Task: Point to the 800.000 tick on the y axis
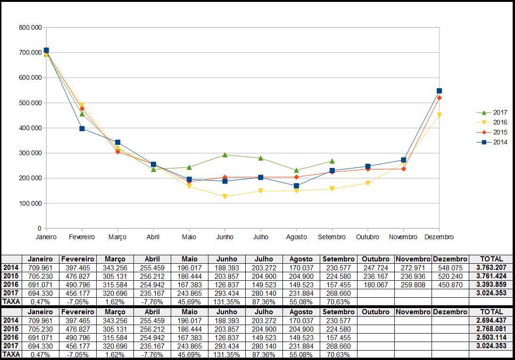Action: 30,27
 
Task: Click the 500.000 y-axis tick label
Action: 30,103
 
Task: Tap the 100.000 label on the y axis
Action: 30,203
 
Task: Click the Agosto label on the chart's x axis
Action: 296,237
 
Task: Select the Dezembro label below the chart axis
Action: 439,237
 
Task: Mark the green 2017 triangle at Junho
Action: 225,155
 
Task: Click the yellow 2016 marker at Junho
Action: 225,197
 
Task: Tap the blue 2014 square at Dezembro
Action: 439,91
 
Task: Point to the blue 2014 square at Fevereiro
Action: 82,128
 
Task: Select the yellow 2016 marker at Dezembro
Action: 439,115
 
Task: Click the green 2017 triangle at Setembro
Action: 332,161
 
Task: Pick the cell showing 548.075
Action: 450,268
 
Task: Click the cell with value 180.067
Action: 375,285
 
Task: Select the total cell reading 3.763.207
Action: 491,268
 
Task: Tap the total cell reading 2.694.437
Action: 491,320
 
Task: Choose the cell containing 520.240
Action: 450,276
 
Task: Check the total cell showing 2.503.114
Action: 491,337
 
